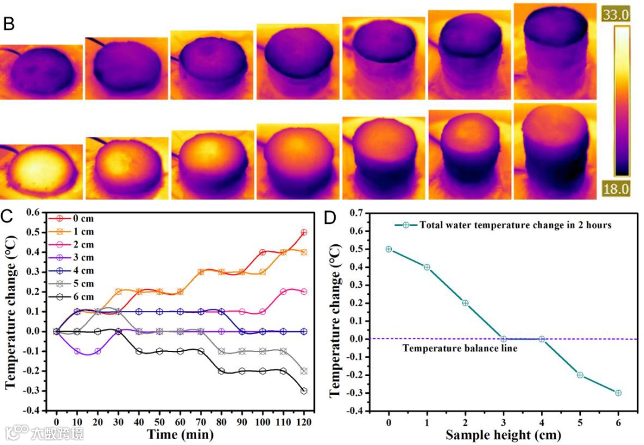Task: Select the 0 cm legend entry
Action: tap(82, 219)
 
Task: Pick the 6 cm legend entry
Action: tap(82, 297)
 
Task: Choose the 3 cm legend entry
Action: tap(82, 257)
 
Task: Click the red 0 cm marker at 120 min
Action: tap(304, 232)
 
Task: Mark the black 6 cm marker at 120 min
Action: tap(304, 391)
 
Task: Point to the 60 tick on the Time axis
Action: tap(180, 421)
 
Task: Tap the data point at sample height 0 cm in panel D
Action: tap(389, 249)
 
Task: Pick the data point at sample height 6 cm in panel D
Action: tap(618, 393)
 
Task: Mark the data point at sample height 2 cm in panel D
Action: tap(465, 303)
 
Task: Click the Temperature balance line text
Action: tap(460, 348)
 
